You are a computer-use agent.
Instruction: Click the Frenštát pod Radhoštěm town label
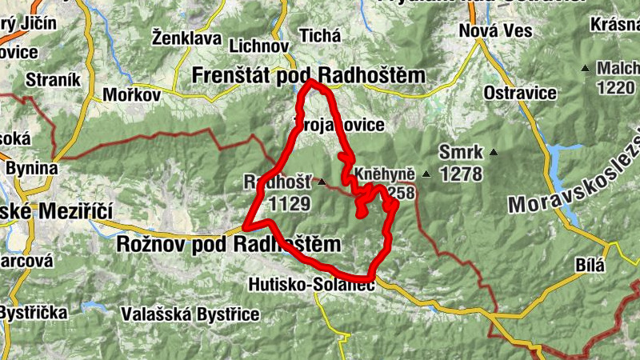pos(309,75)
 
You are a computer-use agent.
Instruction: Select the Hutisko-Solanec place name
pos(312,284)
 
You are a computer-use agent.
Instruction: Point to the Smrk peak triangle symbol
pos(494,152)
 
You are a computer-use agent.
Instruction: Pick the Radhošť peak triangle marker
pos(322,182)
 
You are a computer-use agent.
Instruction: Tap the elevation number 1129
pos(290,204)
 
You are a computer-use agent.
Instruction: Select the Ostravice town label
pos(520,93)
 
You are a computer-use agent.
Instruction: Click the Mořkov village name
pos(132,95)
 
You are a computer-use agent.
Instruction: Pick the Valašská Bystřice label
pos(179,314)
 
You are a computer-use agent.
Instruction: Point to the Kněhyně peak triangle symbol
pos(426,174)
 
